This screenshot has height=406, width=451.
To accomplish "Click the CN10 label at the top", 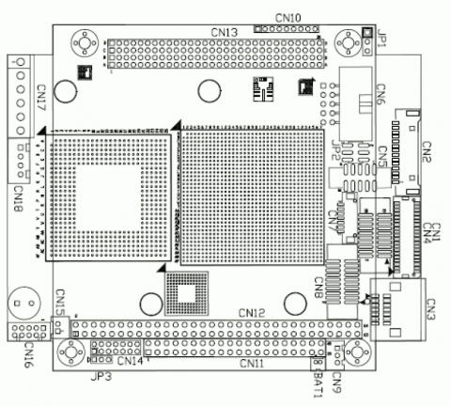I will coord(288,18).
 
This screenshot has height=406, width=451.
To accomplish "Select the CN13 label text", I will coord(224,32).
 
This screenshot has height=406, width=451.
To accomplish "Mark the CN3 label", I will coord(430,307).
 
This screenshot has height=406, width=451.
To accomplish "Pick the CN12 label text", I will coord(253,312).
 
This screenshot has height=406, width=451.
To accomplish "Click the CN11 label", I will coord(252,364).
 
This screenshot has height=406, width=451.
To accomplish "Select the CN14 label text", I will coord(131,362).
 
